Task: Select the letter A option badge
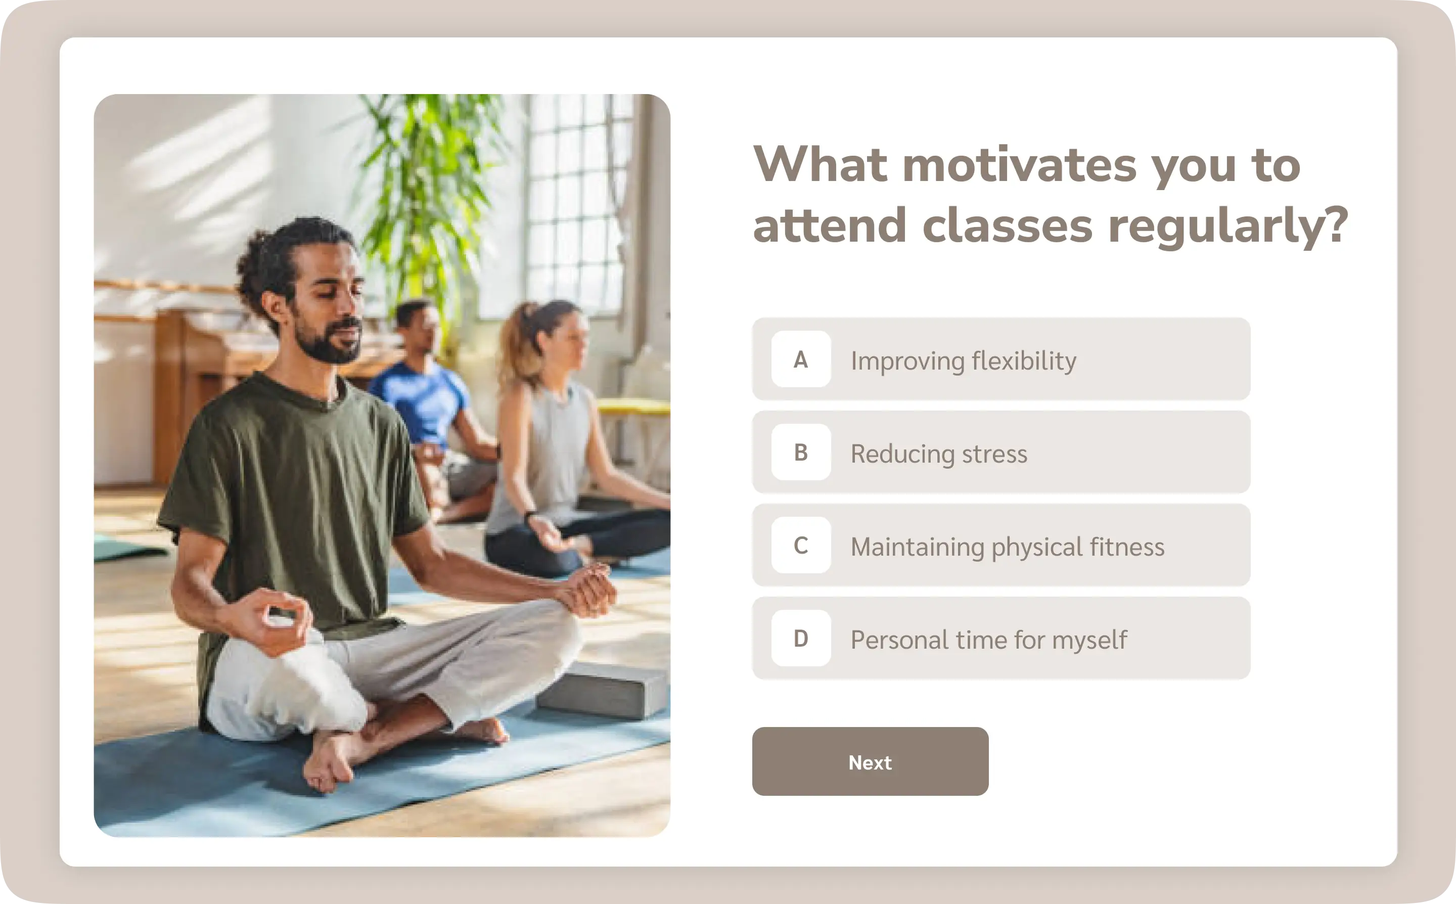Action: (801, 359)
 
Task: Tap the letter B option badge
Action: (801, 453)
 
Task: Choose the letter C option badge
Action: (801, 545)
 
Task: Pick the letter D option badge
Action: (801, 639)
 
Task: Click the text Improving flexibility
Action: (964, 361)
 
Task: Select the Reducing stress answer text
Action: (939, 454)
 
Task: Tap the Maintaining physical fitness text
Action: (1008, 547)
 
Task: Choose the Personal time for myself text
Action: (988, 640)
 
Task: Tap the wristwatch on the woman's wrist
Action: (528, 515)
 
